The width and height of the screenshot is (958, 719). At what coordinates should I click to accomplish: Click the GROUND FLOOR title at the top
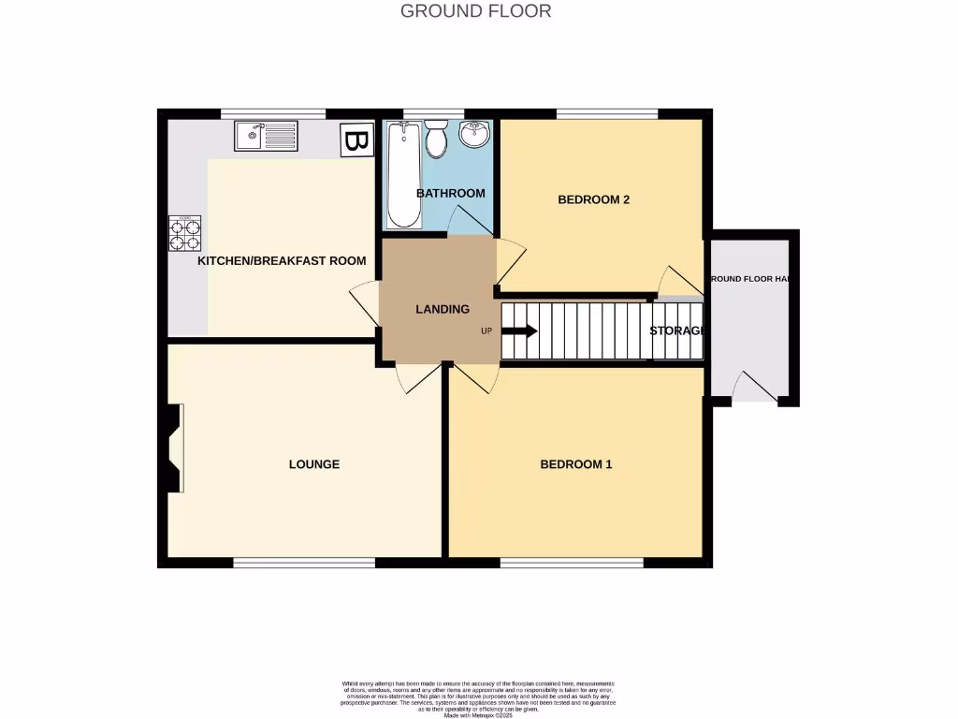pyautogui.click(x=475, y=11)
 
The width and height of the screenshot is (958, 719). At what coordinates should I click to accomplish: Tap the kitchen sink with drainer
pyautogui.click(x=266, y=137)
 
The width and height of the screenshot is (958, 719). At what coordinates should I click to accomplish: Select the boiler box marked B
pyautogui.click(x=355, y=140)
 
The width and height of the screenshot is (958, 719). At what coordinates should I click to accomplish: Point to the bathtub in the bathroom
pyautogui.click(x=403, y=176)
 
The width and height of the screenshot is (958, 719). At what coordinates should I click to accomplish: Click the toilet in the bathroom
pyautogui.click(x=436, y=139)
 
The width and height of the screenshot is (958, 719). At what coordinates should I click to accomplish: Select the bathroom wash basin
pyautogui.click(x=475, y=135)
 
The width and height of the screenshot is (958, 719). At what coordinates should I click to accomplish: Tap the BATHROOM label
pyautogui.click(x=450, y=194)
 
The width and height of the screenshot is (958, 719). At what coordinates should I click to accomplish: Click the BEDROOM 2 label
pyautogui.click(x=593, y=199)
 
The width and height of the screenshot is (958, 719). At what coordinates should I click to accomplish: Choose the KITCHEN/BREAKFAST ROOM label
pyautogui.click(x=281, y=261)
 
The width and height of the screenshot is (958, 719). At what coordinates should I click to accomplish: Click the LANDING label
pyautogui.click(x=443, y=309)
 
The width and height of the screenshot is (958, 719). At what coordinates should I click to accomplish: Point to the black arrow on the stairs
pyautogui.click(x=519, y=330)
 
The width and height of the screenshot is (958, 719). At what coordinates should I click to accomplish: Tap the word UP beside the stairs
pyautogui.click(x=486, y=331)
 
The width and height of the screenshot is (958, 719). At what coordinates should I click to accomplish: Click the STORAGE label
pyautogui.click(x=676, y=330)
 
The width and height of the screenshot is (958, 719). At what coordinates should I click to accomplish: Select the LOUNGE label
pyautogui.click(x=313, y=464)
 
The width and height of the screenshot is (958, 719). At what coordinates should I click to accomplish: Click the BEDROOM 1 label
pyautogui.click(x=575, y=464)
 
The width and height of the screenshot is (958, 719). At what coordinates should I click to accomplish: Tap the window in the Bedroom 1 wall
pyautogui.click(x=572, y=563)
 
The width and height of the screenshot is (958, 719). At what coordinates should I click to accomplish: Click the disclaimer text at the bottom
pyautogui.click(x=478, y=698)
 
